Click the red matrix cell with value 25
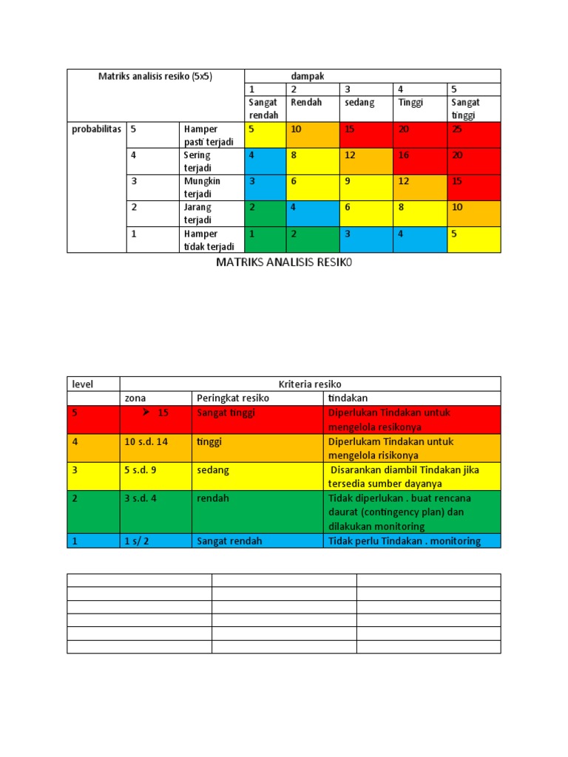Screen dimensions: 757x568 (473, 135)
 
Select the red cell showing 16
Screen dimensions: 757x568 (419, 161)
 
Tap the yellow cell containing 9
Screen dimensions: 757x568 (365, 187)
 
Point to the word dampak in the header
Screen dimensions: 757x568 (307, 76)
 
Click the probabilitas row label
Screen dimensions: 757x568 (96, 129)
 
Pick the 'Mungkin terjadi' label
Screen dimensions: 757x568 (202, 187)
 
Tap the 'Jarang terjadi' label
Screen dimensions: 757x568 (197, 214)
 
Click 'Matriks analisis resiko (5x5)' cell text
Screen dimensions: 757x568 (155, 76)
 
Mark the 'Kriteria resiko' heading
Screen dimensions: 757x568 (310, 384)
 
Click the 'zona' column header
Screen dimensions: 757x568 (135, 398)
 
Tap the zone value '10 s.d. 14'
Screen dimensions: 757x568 (146, 441)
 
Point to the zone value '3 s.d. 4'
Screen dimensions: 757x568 (141, 498)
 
